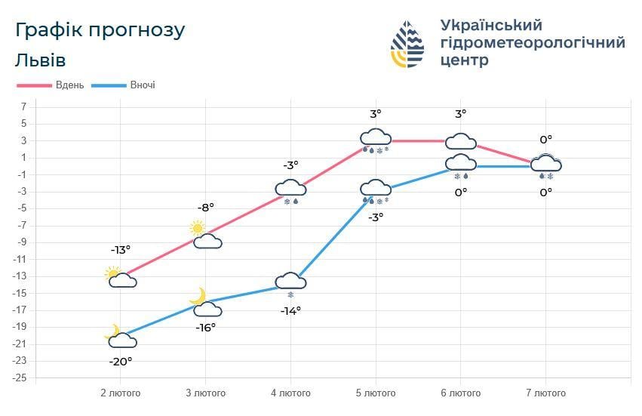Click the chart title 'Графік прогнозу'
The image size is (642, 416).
(x=100, y=30)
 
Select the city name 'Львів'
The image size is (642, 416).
(x=39, y=60)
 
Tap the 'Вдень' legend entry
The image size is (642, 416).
(x=69, y=85)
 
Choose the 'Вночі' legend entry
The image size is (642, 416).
(x=142, y=85)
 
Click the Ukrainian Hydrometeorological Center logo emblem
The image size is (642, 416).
(x=407, y=45)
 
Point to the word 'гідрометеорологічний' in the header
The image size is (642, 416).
(x=532, y=43)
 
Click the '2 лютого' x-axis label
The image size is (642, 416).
(x=121, y=393)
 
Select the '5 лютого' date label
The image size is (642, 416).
(x=376, y=393)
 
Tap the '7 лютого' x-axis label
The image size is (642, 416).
(x=545, y=393)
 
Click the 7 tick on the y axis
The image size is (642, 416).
(x=23, y=106)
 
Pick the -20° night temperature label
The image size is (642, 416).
(x=121, y=361)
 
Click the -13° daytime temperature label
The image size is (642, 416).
(x=121, y=249)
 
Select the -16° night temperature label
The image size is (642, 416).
(x=205, y=327)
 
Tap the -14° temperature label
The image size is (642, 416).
(x=290, y=310)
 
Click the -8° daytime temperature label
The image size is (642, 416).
(x=205, y=206)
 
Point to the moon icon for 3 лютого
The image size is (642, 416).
(x=198, y=295)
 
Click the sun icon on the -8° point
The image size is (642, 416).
(x=198, y=227)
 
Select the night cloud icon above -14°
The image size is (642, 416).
(x=290, y=281)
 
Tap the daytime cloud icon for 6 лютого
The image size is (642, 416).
(x=460, y=141)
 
